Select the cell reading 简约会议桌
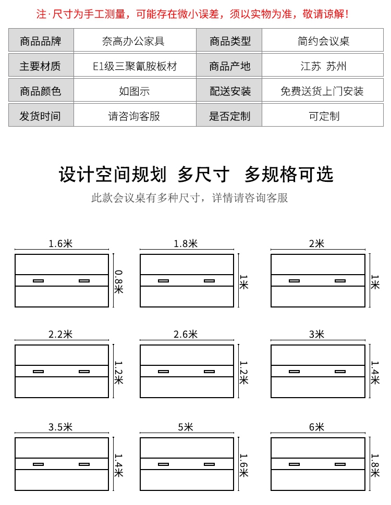[x=324, y=41]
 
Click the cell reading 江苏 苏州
[x=324, y=66]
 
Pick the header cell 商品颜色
[x=41, y=91]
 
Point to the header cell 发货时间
[x=41, y=116]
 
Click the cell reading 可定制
[x=324, y=116]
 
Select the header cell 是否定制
[x=229, y=116]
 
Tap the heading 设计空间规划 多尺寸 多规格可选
[x=195, y=175]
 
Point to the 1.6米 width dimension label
[x=60, y=243]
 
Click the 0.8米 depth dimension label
[x=118, y=281]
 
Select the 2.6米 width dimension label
[x=186, y=334]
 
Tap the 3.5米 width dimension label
[x=60, y=427]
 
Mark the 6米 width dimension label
[x=316, y=427]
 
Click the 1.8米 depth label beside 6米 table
[x=374, y=464]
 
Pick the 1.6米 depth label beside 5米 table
[x=243, y=464]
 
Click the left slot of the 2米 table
[x=294, y=281]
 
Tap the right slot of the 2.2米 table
[x=84, y=372]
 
